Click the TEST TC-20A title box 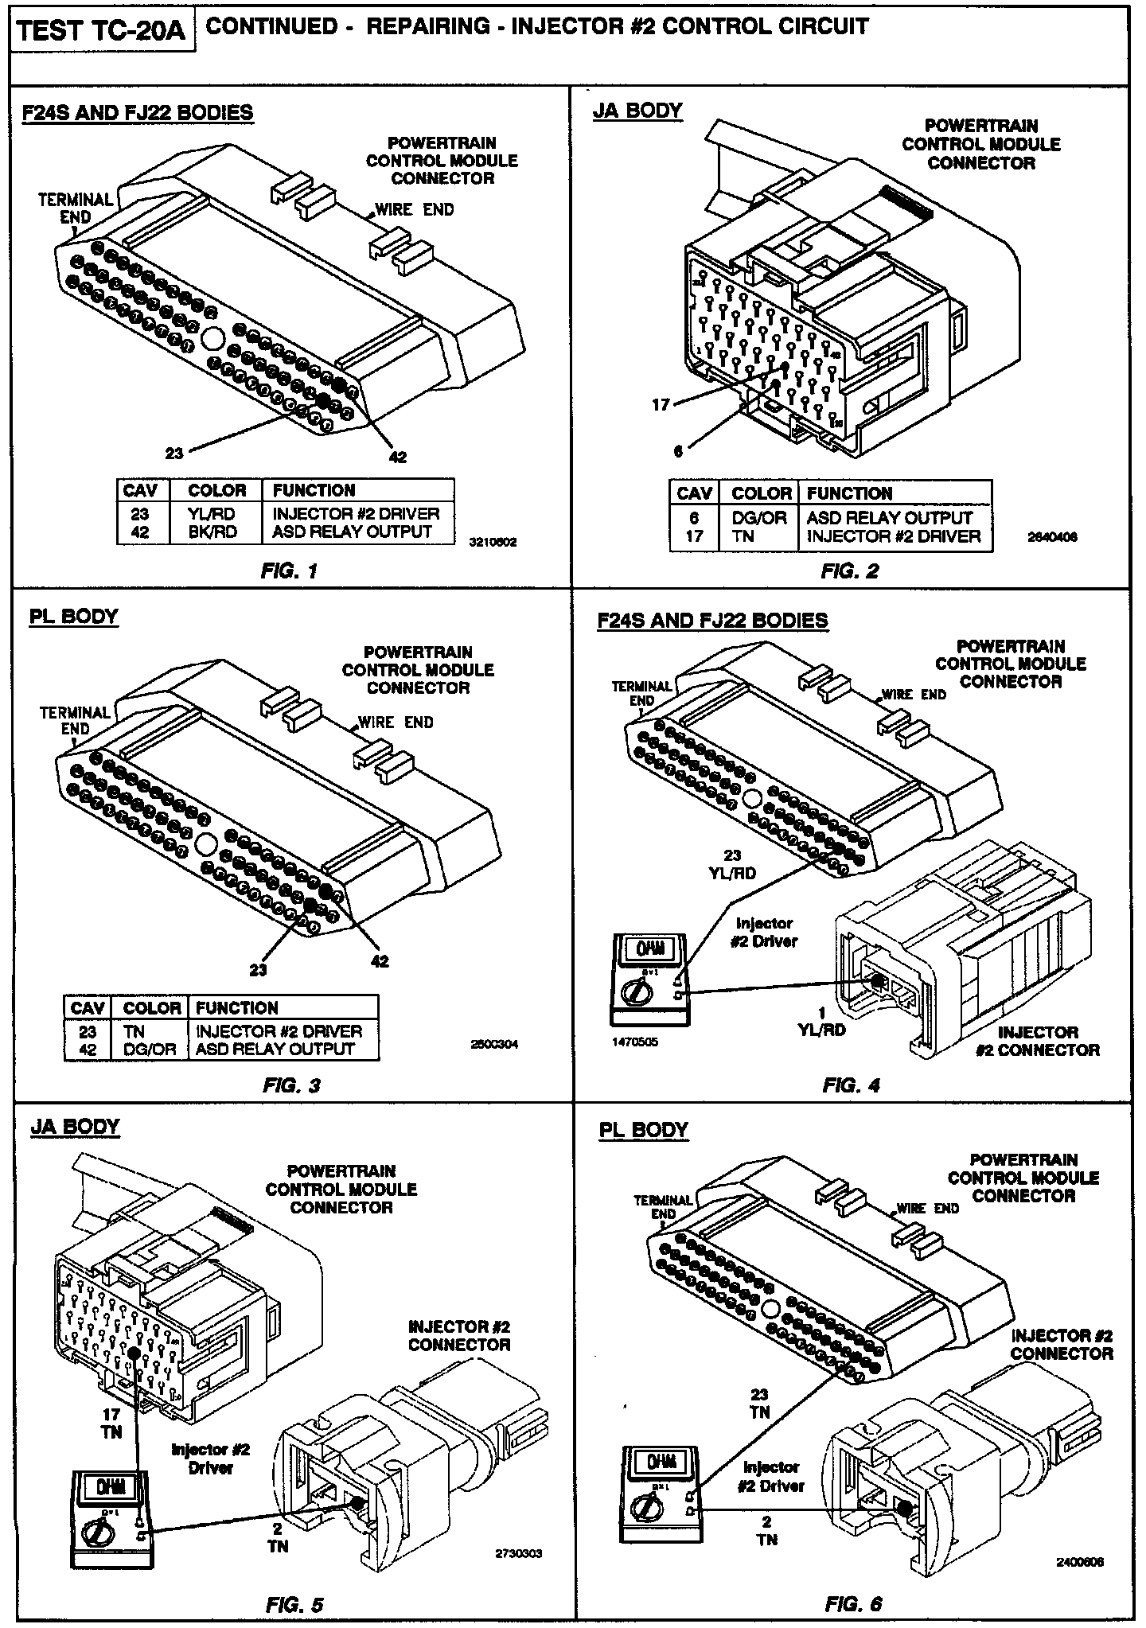pos(101,32)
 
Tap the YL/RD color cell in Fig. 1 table pos(212,514)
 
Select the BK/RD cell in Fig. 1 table pos(212,532)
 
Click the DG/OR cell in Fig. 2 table pos(758,518)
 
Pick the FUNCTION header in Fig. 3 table pos(237,1008)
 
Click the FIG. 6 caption pos(853,1603)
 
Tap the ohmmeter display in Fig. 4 pos(645,948)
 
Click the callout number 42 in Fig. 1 pos(397,457)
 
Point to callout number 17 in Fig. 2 pos(661,405)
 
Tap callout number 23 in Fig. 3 pos(258,970)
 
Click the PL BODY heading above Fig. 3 pos(73,617)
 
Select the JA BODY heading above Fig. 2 pos(637,111)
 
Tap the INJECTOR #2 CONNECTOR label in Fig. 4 pos(1038,1042)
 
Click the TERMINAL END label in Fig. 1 pos(76,208)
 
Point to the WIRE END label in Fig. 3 pos(396,722)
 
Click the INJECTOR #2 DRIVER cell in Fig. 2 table pos(894,537)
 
